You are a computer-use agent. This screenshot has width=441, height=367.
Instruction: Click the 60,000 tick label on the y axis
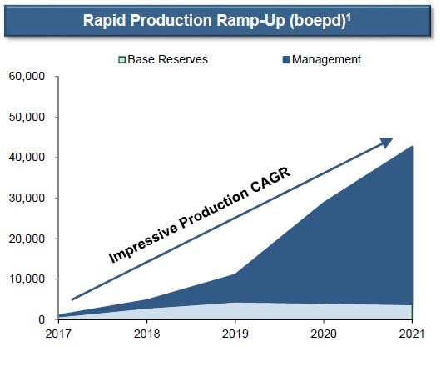tap(27, 77)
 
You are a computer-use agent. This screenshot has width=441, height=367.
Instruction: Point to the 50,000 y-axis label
tap(27, 117)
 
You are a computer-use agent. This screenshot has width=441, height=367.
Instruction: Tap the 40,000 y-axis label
tap(27, 158)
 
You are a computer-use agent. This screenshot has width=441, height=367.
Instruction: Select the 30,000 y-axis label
tap(27, 198)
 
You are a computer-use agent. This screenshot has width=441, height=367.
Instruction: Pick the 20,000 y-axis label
tap(27, 239)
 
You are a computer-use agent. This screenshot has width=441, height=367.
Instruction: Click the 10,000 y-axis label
tap(27, 279)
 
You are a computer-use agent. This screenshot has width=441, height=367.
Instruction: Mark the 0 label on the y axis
tap(42, 319)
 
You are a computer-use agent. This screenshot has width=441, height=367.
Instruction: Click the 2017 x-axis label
tap(58, 334)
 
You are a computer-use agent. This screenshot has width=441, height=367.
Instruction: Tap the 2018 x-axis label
tap(146, 334)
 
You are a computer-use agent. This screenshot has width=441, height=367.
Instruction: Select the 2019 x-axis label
tap(235, 334)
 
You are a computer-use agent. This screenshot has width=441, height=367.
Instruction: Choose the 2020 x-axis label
tap(324, 334)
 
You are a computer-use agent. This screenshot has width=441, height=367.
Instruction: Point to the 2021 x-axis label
tap(412, 334)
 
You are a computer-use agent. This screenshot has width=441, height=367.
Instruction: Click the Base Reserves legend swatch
tap(121, 60)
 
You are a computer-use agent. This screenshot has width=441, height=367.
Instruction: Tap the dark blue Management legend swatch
tap(286, 60)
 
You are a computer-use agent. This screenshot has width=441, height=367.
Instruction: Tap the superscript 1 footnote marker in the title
tap(349, 18)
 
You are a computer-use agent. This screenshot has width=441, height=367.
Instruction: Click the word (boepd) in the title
tap(318, 22)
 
